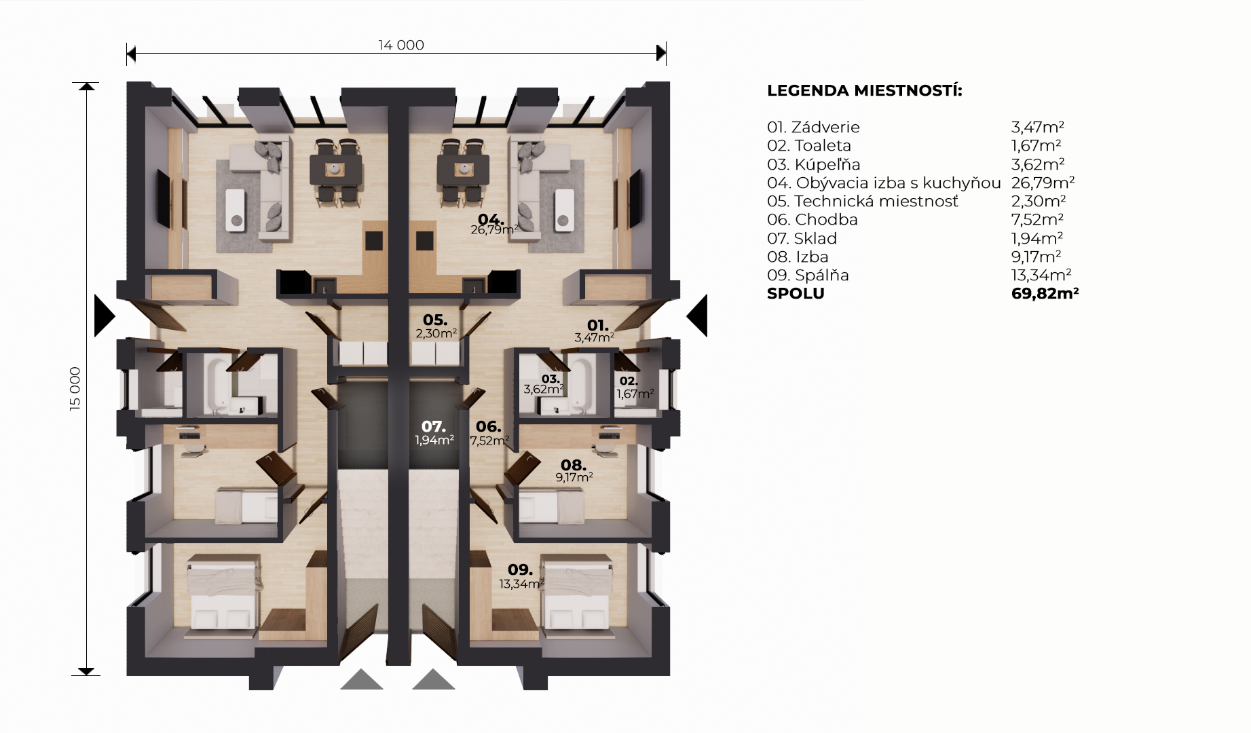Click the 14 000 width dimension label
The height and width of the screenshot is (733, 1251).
click(x=401, y=45)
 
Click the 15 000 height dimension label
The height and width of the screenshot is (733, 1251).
click(x=75, y=389)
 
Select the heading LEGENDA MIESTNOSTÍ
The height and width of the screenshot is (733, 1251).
click(x=865, y=91)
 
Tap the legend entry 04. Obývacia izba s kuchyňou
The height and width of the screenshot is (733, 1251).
click(x=884, y=183)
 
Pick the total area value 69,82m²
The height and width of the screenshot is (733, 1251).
click(x=1045, y=293)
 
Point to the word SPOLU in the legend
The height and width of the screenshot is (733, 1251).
click(x=796, y=294)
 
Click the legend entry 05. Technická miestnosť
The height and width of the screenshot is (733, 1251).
click(x=863, y=202)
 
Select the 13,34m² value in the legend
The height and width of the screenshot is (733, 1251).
click(x=1041, y=275)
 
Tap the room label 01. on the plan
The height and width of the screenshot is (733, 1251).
click(x=597, y=326)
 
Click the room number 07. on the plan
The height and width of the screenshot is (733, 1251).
click(x=434, y=427)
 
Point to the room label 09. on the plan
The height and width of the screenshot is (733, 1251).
click(x=520, y=570)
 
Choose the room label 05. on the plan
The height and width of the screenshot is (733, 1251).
click(x=435, y=320)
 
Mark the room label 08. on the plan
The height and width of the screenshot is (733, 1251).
click(x=574, y=466)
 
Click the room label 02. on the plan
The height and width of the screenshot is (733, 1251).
click(x=629, y=381)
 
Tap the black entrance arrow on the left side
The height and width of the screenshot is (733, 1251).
click(x=105, y=316)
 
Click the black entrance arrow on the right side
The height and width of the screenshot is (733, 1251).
click(x=697, y=316)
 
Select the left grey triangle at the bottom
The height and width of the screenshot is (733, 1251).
click(x=362, y=679)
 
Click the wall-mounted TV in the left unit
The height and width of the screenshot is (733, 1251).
click(x=164, y=199)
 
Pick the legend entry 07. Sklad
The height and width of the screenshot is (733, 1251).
click(x=802, y=238)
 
